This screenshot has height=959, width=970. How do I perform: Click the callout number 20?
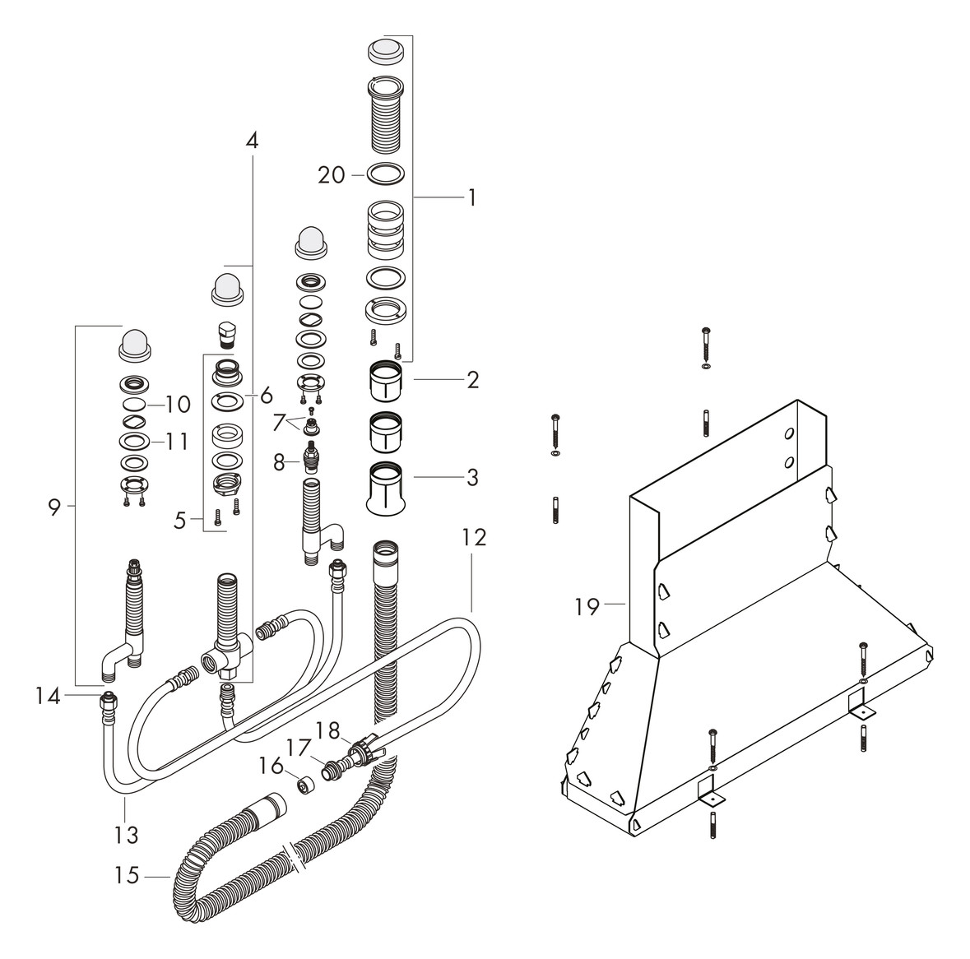[332, 174]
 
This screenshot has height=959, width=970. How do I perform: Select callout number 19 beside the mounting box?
[587, 607]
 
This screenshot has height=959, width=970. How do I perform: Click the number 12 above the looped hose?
[473, 538]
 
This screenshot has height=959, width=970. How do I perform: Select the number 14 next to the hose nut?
[48, 697]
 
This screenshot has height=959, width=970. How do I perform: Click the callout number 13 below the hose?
[125, 834]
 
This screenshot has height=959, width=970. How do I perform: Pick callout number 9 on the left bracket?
[54, 507]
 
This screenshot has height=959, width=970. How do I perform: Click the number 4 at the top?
[252, 141]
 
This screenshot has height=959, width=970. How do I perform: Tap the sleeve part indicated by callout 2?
[386, 380]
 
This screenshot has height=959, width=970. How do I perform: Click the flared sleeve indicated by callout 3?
[386, 490]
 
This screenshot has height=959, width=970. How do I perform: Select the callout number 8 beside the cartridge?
[280, 463]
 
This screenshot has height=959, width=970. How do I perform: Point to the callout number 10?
[178, 405]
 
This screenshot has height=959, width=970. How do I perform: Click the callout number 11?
[176, 442]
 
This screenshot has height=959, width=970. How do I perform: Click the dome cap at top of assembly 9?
[134, 343]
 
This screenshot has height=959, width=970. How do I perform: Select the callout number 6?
[267, 396]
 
